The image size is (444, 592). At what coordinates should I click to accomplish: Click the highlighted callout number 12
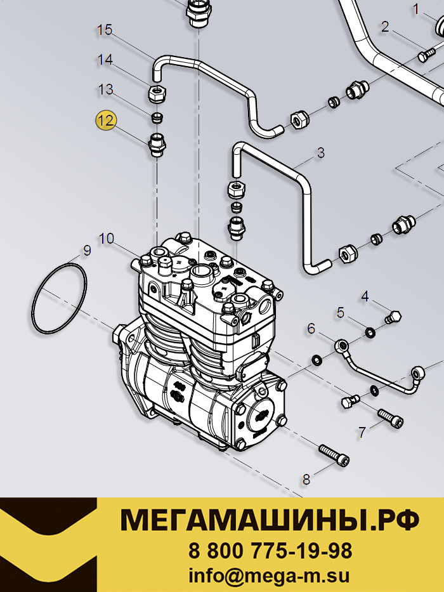coord(106,121)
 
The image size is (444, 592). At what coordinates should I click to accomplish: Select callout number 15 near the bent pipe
coord(105,30)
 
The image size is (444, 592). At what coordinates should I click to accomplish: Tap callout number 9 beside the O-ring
coord(88,251)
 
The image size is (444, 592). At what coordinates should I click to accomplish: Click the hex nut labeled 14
coord(157,94)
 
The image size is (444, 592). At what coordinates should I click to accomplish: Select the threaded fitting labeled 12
coord(157,145)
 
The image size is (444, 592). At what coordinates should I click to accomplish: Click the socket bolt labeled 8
coord(334,456)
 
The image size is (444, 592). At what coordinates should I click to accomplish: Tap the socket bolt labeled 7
coord(391,418)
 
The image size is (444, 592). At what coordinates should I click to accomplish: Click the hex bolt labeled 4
coord(393,317)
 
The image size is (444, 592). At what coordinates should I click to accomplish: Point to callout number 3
coord(320,153)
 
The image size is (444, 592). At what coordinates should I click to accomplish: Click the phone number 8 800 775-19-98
coord(270,551)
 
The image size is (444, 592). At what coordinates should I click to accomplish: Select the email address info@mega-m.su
coord(269,576)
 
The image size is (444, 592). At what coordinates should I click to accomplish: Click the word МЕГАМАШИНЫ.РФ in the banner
coord(270,520)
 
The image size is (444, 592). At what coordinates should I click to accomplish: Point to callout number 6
coord(311,329)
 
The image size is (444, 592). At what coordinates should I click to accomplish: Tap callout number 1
coord(416,9)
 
